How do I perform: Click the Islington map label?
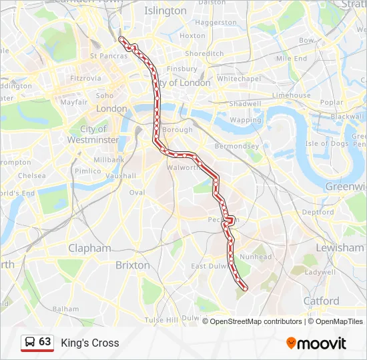pyautogui.click(x=165, y=11)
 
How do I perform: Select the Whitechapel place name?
pyautogui.click(x=238, y=78)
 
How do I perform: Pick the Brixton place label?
pyautogui.click(x=133, y=265)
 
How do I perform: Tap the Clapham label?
pyautogui.click(x=89, y=248)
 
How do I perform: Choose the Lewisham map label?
pyautogui.click(x=340, y=247)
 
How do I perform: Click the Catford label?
pyautogui.click(x=322, y=301)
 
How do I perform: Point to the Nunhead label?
pyautogui.click(x=256, y=257)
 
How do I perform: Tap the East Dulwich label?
pyautogui.click(x=209, y=266)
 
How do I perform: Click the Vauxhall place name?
pyautogui.click(x=120, y=175)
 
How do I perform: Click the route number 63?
pyautogui.click(x=45, y=342)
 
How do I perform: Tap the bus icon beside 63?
pyautogui.click(x=30, y=343)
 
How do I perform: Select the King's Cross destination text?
pyautogui.click(x=90, y=343)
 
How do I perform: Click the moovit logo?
pyautogui.click(x=316, y=343)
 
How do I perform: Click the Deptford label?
pyautogui.click(x=318, y=212)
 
